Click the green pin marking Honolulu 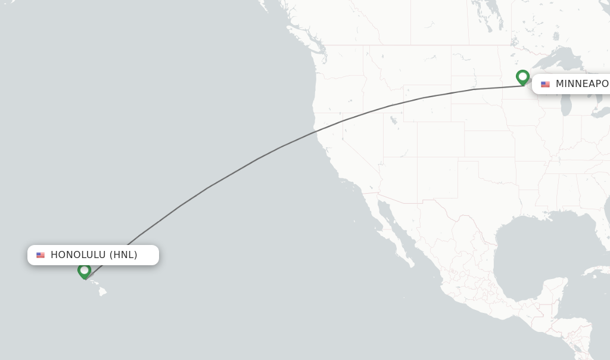pyautogui.click(x=84, y=271)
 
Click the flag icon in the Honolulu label pyautogui.click(x=41, y=255)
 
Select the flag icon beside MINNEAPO pyautogui.click(x=545, y=85)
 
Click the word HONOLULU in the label pyautogui.click(x=78, y=255)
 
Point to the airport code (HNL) pyautogui.click(x=123, y=255)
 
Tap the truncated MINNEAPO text pyautogui.click(x=582, y=84)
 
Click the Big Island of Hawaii pyautogui.click(x=102, y=291)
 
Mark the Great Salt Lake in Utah pyautogui.click(x=393, y=120)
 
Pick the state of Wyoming pyautogui.click(x=427, y=104)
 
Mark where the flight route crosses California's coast pyautogui.click(x=317, y=129)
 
